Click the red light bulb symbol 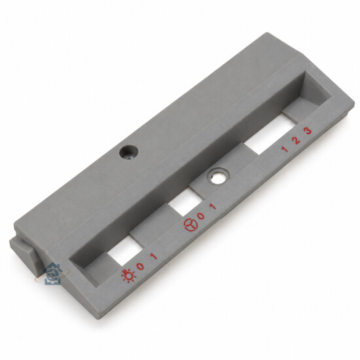(x=129, y=276)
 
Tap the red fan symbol (x=191, y=225)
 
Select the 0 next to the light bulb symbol (x=140, y=266)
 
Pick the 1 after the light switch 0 (x=154, y=257)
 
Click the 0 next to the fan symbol (x=201, y=216)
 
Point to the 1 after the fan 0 (x=213, y=206)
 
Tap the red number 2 (x=297, y=140)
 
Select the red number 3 (x=308, y=131)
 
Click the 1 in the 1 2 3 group (x=285, y=149)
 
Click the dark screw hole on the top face (x=128, y=152)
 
